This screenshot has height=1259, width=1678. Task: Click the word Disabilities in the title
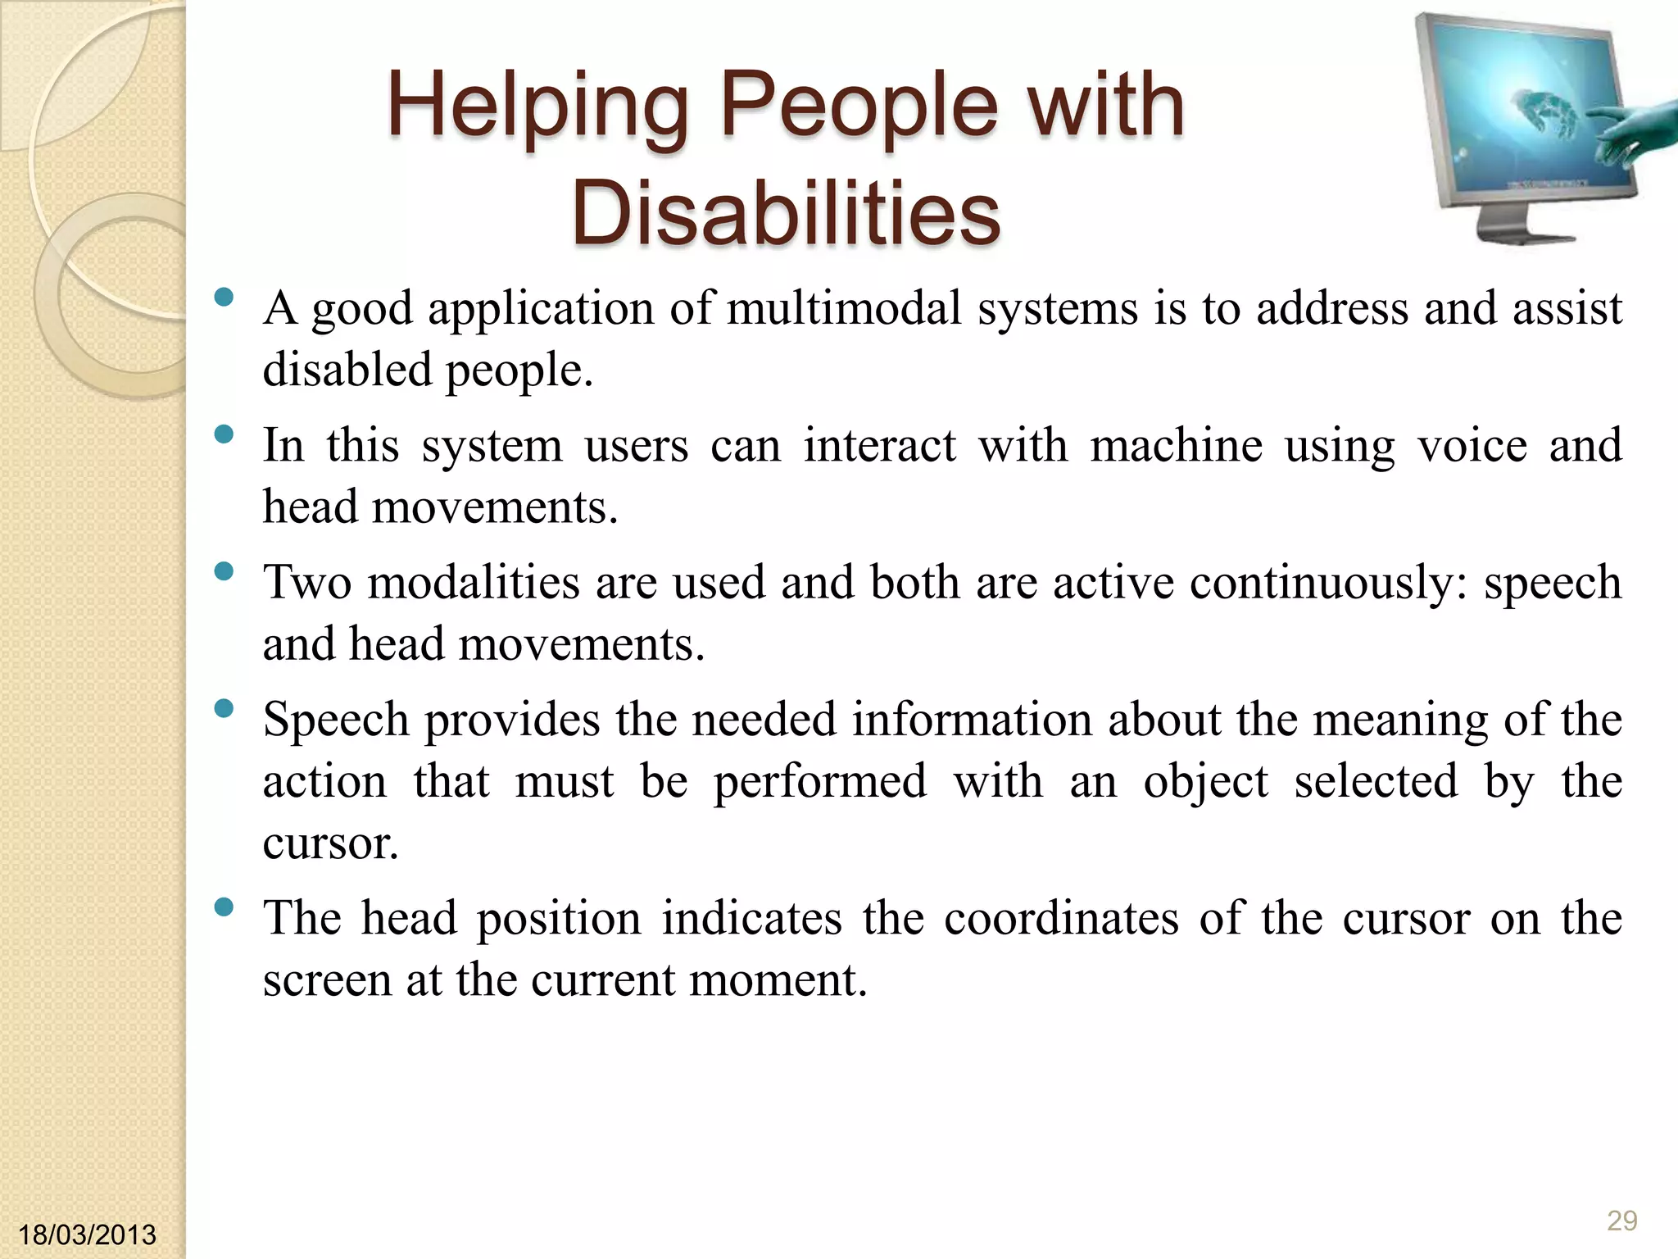point(785,213)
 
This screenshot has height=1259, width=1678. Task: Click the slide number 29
point(1621,1220)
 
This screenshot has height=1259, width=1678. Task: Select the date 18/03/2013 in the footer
point(87,1234)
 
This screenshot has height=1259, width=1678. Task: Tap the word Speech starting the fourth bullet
point(336,720)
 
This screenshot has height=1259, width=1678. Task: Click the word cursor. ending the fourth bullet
point(330,843)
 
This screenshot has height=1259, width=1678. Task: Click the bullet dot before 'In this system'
point(223,434)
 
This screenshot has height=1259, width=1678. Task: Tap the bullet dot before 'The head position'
point(223,907)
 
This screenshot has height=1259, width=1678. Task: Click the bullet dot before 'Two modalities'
point(223,570)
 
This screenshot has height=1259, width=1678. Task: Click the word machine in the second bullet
point(1176,446)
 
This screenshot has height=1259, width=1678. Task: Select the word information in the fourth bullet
point(971,720)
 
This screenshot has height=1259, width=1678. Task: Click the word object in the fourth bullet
point(1205,781)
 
